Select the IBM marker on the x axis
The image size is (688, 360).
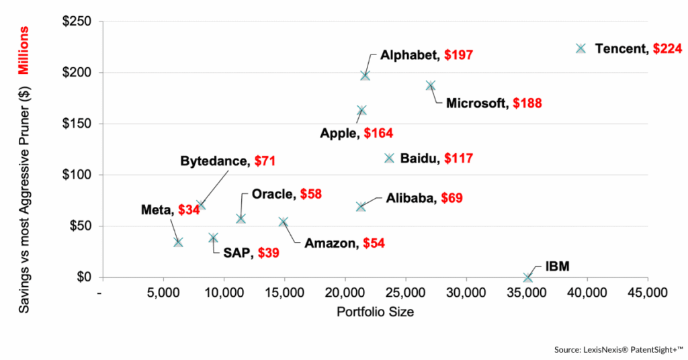pos(527,277)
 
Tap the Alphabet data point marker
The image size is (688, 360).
pos(365,75)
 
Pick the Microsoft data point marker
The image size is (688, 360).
pos(430,86)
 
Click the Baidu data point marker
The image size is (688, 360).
pos(389,159)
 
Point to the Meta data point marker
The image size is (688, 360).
pos(178,242)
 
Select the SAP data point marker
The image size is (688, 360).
pos(213,238)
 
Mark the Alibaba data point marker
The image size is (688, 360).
pos(361,207)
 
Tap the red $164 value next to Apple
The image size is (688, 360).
pos(378,133)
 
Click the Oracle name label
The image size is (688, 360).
pos(271,194)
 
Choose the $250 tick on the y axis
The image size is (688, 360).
pos(77,21)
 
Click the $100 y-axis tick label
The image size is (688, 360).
pos(77,175)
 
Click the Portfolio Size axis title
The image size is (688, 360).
pos(374,312)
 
